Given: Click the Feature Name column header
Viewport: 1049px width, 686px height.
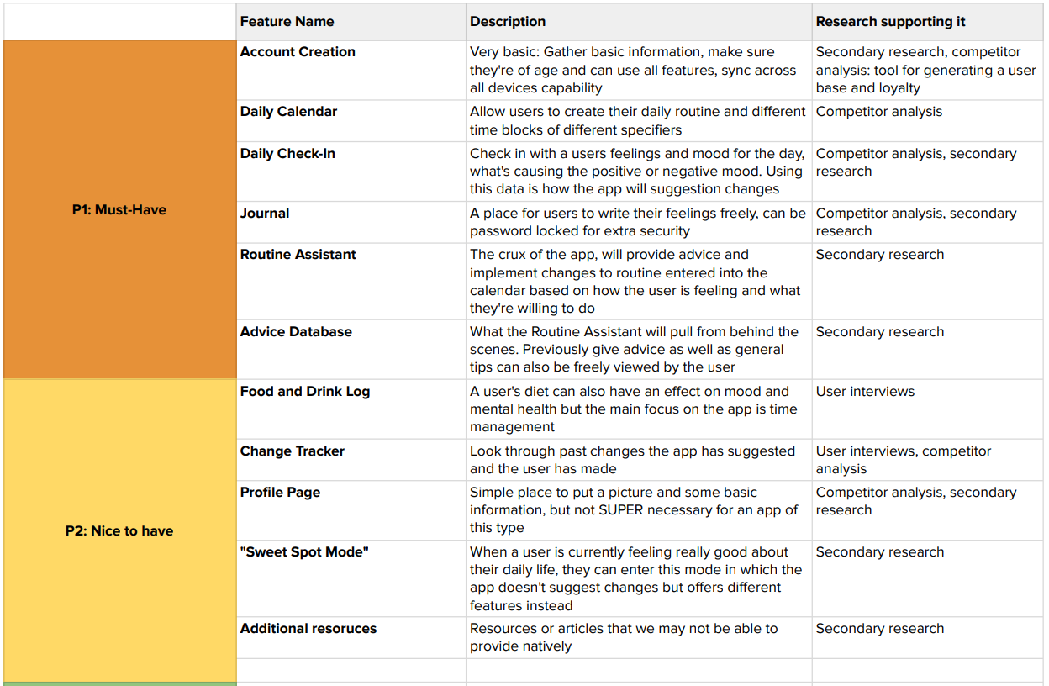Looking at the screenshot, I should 287,22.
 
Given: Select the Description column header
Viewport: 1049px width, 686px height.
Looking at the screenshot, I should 508,22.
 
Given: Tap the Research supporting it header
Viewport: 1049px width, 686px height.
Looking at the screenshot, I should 890,22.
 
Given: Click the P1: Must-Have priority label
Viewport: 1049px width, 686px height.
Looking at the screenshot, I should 119,210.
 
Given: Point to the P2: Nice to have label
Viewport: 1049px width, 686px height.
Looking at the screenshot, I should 119,531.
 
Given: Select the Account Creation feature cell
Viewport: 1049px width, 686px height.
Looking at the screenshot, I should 298,52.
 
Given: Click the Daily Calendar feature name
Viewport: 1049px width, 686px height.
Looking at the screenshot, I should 288,112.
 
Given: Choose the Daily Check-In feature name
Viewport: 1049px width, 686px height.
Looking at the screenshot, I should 287,154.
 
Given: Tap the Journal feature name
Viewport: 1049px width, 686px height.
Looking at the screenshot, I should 265,214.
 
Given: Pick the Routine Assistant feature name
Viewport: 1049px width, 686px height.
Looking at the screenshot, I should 298,255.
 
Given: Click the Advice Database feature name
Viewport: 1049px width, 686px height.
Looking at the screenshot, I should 296,332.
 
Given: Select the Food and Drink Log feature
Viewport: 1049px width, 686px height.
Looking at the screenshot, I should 304,392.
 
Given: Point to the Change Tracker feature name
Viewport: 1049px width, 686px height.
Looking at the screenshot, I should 292,451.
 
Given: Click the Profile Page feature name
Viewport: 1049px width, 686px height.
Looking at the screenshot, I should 280,493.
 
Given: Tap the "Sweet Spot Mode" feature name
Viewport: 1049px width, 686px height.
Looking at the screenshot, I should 304,552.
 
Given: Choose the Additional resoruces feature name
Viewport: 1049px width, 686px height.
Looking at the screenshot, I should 308,629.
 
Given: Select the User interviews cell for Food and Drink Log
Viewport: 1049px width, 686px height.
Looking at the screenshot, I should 865,392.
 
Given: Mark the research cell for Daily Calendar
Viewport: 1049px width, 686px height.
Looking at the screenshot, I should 878,112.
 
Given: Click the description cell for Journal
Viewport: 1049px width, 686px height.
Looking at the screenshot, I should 637,222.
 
